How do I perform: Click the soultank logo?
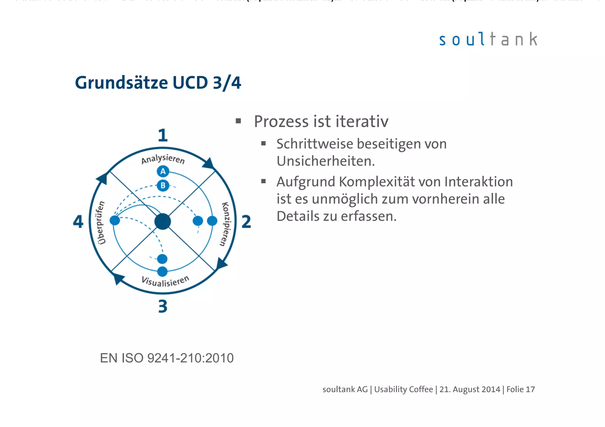(488, 40)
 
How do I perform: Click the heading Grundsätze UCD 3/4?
(158, 83)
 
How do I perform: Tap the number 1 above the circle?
(163, 135)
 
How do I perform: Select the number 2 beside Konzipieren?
(246, 222)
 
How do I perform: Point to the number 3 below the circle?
(163, 306)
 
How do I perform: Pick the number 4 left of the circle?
(78, 222)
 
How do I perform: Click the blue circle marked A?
(163, 171)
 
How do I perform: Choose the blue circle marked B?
(163, 186)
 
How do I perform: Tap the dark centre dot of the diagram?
(163, 222)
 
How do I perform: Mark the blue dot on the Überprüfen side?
(115, 220)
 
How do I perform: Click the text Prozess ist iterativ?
(321, 122)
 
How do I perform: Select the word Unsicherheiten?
(326, 161)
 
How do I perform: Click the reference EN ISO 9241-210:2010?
(167, 358)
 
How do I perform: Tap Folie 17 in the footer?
(521, 390)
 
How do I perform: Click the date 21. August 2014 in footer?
(470, 390)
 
